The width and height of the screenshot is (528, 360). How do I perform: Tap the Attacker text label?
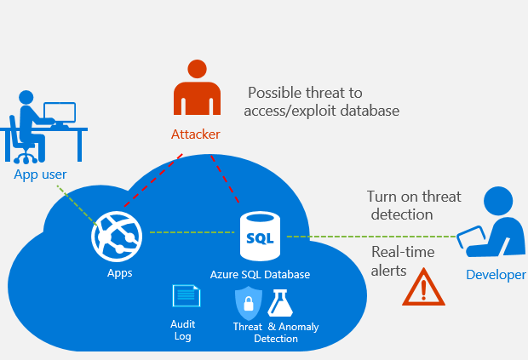pyautogui.click(x=195, y=134)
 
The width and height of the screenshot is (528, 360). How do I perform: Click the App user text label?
pyautogui.click(x=40, y=174)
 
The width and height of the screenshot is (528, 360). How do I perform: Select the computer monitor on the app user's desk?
pyautogui.click(x=60, y=113)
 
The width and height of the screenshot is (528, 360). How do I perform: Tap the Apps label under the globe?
pyautogui.click(x=119, y=273)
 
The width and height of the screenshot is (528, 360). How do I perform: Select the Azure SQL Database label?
pyautogui.click(x=260, y=274)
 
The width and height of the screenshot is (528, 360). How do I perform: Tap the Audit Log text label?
pyautogui.click(x=183, y=329)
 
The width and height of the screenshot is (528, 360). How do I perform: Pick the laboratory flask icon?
pyautogui.click(x=281, y=303)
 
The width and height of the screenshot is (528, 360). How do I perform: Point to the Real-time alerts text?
pyautogui.click(x=403, y=261)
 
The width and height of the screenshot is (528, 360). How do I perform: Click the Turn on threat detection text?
pyautogui.click(x=413, y=205)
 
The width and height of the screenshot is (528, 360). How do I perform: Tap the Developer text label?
pyautogui.click(x=496, y=274)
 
